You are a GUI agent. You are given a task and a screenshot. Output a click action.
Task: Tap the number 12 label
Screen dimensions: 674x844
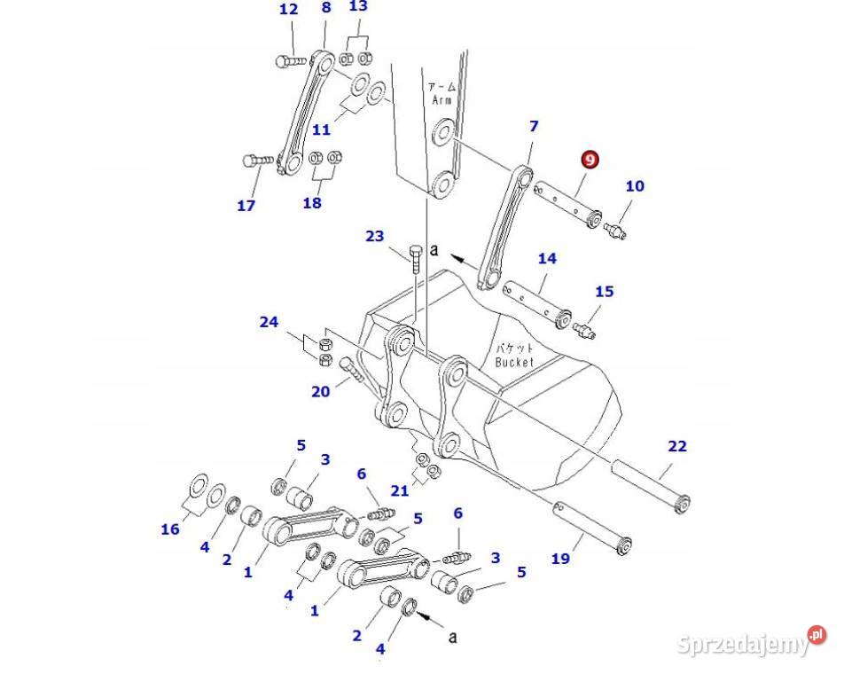(x=289, y=10)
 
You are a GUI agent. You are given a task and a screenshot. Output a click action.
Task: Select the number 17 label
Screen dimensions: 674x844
(x=246, y=206)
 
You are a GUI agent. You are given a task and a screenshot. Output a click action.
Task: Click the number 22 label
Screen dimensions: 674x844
(x=677, y=446)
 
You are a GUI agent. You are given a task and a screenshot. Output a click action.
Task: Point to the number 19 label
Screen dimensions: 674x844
(x=560, y=558)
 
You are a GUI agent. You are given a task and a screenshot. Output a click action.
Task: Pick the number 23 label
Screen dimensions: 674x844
(x=375, y=236)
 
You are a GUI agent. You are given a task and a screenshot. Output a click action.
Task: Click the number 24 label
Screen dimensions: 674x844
(x=269, y=322)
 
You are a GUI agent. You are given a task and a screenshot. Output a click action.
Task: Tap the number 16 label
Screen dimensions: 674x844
(x=169, y=529)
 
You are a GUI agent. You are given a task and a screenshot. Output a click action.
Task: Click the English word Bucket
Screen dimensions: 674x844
(x=514, y=362)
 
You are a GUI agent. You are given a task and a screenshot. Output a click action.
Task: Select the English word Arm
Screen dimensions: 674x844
(x=442, y=100)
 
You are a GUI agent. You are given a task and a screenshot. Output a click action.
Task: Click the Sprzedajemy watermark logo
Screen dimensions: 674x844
(x=752, y=643)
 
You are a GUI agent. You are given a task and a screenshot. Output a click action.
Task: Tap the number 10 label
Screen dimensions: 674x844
(x=635, y=185)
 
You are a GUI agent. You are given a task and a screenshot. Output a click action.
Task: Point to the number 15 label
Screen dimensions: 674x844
(x=605, y=291)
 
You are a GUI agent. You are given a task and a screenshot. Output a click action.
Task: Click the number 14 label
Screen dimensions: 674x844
(x=547, y=258)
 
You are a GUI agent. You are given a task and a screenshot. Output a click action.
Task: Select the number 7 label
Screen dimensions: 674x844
(x=534, y=127)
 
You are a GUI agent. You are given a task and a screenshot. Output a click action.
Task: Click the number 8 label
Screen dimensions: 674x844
(x=326, y=8)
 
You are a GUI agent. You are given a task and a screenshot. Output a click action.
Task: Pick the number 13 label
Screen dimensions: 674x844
(x=357, y=6)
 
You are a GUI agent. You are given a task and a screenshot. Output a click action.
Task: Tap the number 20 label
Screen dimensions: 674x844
(x=320, y=391)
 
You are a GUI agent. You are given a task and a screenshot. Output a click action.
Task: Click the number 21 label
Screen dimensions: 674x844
(x=400, y=490)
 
